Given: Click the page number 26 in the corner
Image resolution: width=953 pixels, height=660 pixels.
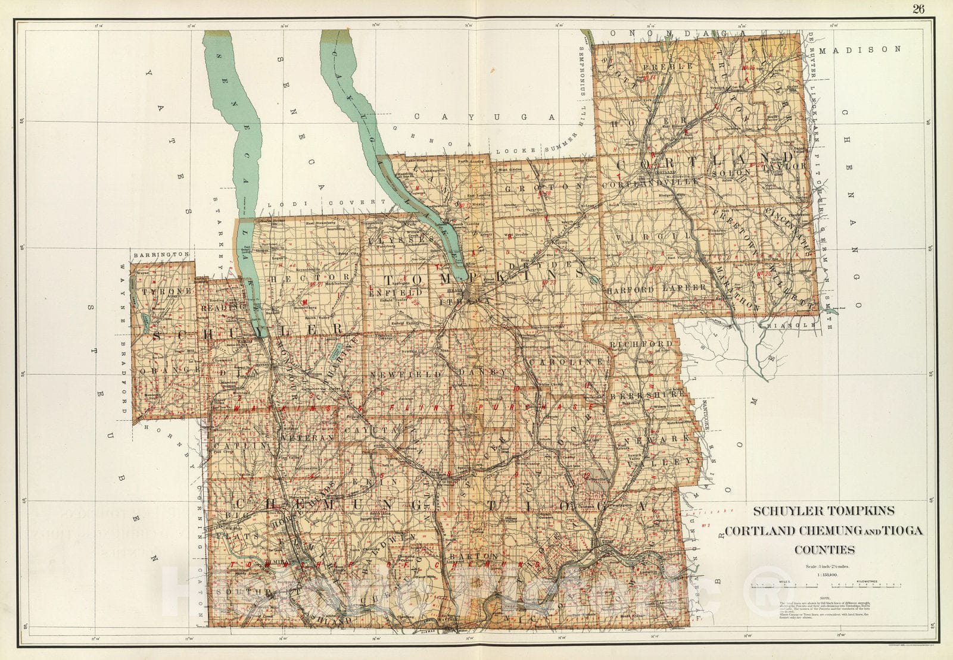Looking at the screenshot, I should [917, 8].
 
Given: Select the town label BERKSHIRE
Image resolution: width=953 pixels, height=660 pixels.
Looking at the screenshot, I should [652, 394].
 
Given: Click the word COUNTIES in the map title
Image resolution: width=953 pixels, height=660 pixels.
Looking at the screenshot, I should [825, 550].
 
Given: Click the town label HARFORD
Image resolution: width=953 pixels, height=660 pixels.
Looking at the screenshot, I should [630, 289].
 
